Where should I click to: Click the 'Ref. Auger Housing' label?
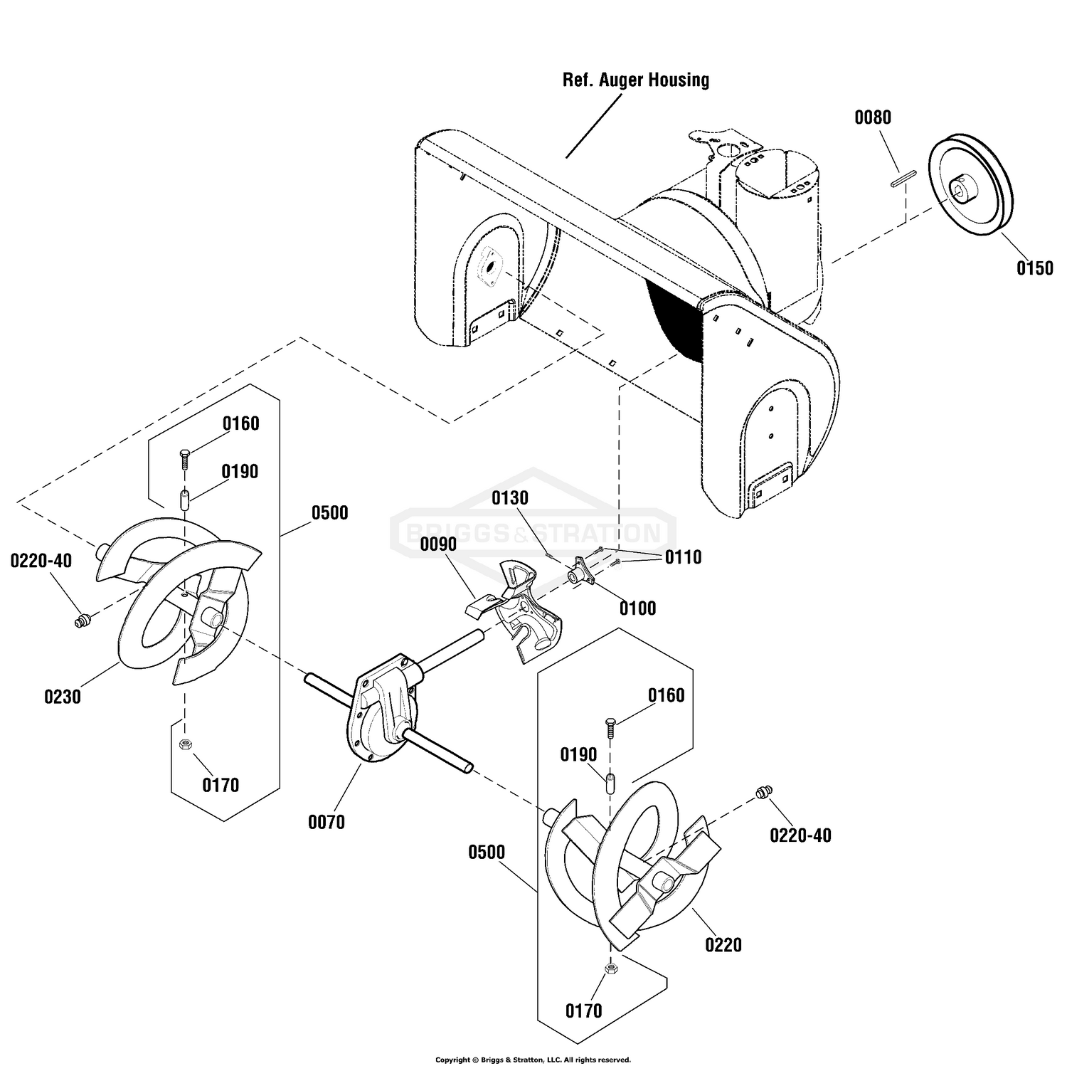pos(636,80)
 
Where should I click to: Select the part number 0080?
pos(873,117)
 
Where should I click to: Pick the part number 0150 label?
pos(1035,268)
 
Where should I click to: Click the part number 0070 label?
pos(327,823)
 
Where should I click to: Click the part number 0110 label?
pos(684,557)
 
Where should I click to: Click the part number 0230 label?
pos(63,697)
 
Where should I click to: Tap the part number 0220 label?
pos(723,945)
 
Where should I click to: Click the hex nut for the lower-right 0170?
pos(610,969)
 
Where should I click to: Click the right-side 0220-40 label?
pos(800,835)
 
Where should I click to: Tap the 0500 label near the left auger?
pos(329,513)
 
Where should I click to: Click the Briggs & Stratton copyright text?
pos(533,1060)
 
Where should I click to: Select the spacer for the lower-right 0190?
pos(610,783)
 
